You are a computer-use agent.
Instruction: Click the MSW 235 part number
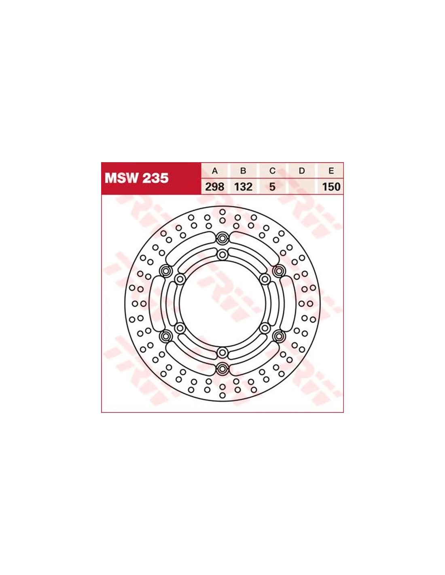pos(137,178)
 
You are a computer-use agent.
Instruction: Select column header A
pos(215,171)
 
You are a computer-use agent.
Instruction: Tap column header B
pos(243,171)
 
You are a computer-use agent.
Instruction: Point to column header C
pos(272,171)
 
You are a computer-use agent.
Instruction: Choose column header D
pos(302,171)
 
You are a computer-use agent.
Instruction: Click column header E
pos(331,171)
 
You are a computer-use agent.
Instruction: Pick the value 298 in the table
pos(215,187)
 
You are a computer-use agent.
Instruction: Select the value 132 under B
pos(243,187)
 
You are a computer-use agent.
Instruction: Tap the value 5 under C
pos(272,187)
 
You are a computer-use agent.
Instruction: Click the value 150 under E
pos(331,187)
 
